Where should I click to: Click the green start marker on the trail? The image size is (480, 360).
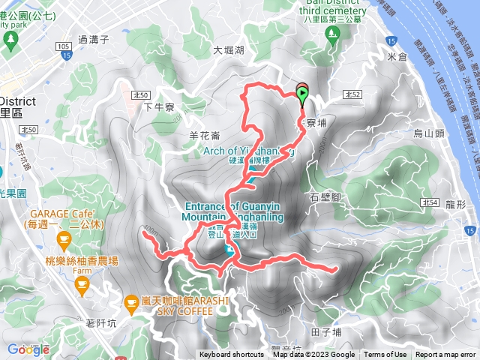click(x=303, y=95)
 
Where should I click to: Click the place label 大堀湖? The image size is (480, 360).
click(x=229, y=51)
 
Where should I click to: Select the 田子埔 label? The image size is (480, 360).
click(x=325, y=331)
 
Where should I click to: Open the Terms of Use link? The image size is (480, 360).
click(x=385, y=355)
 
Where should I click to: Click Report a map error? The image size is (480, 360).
click(x=445, y=355)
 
